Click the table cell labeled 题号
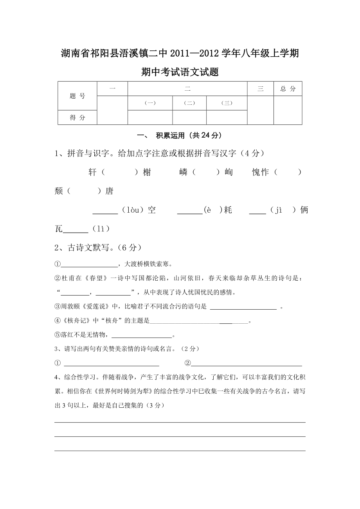[x=77, y=96]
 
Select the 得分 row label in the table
[x=77, y=118]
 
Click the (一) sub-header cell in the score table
[x=150, y=103]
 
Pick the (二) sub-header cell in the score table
[x=189, y=103]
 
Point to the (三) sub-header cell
[x=227, y=103]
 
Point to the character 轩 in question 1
[x=92, y=172]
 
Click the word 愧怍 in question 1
[x=260, y=172]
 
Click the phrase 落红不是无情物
[x=84, y=335]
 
